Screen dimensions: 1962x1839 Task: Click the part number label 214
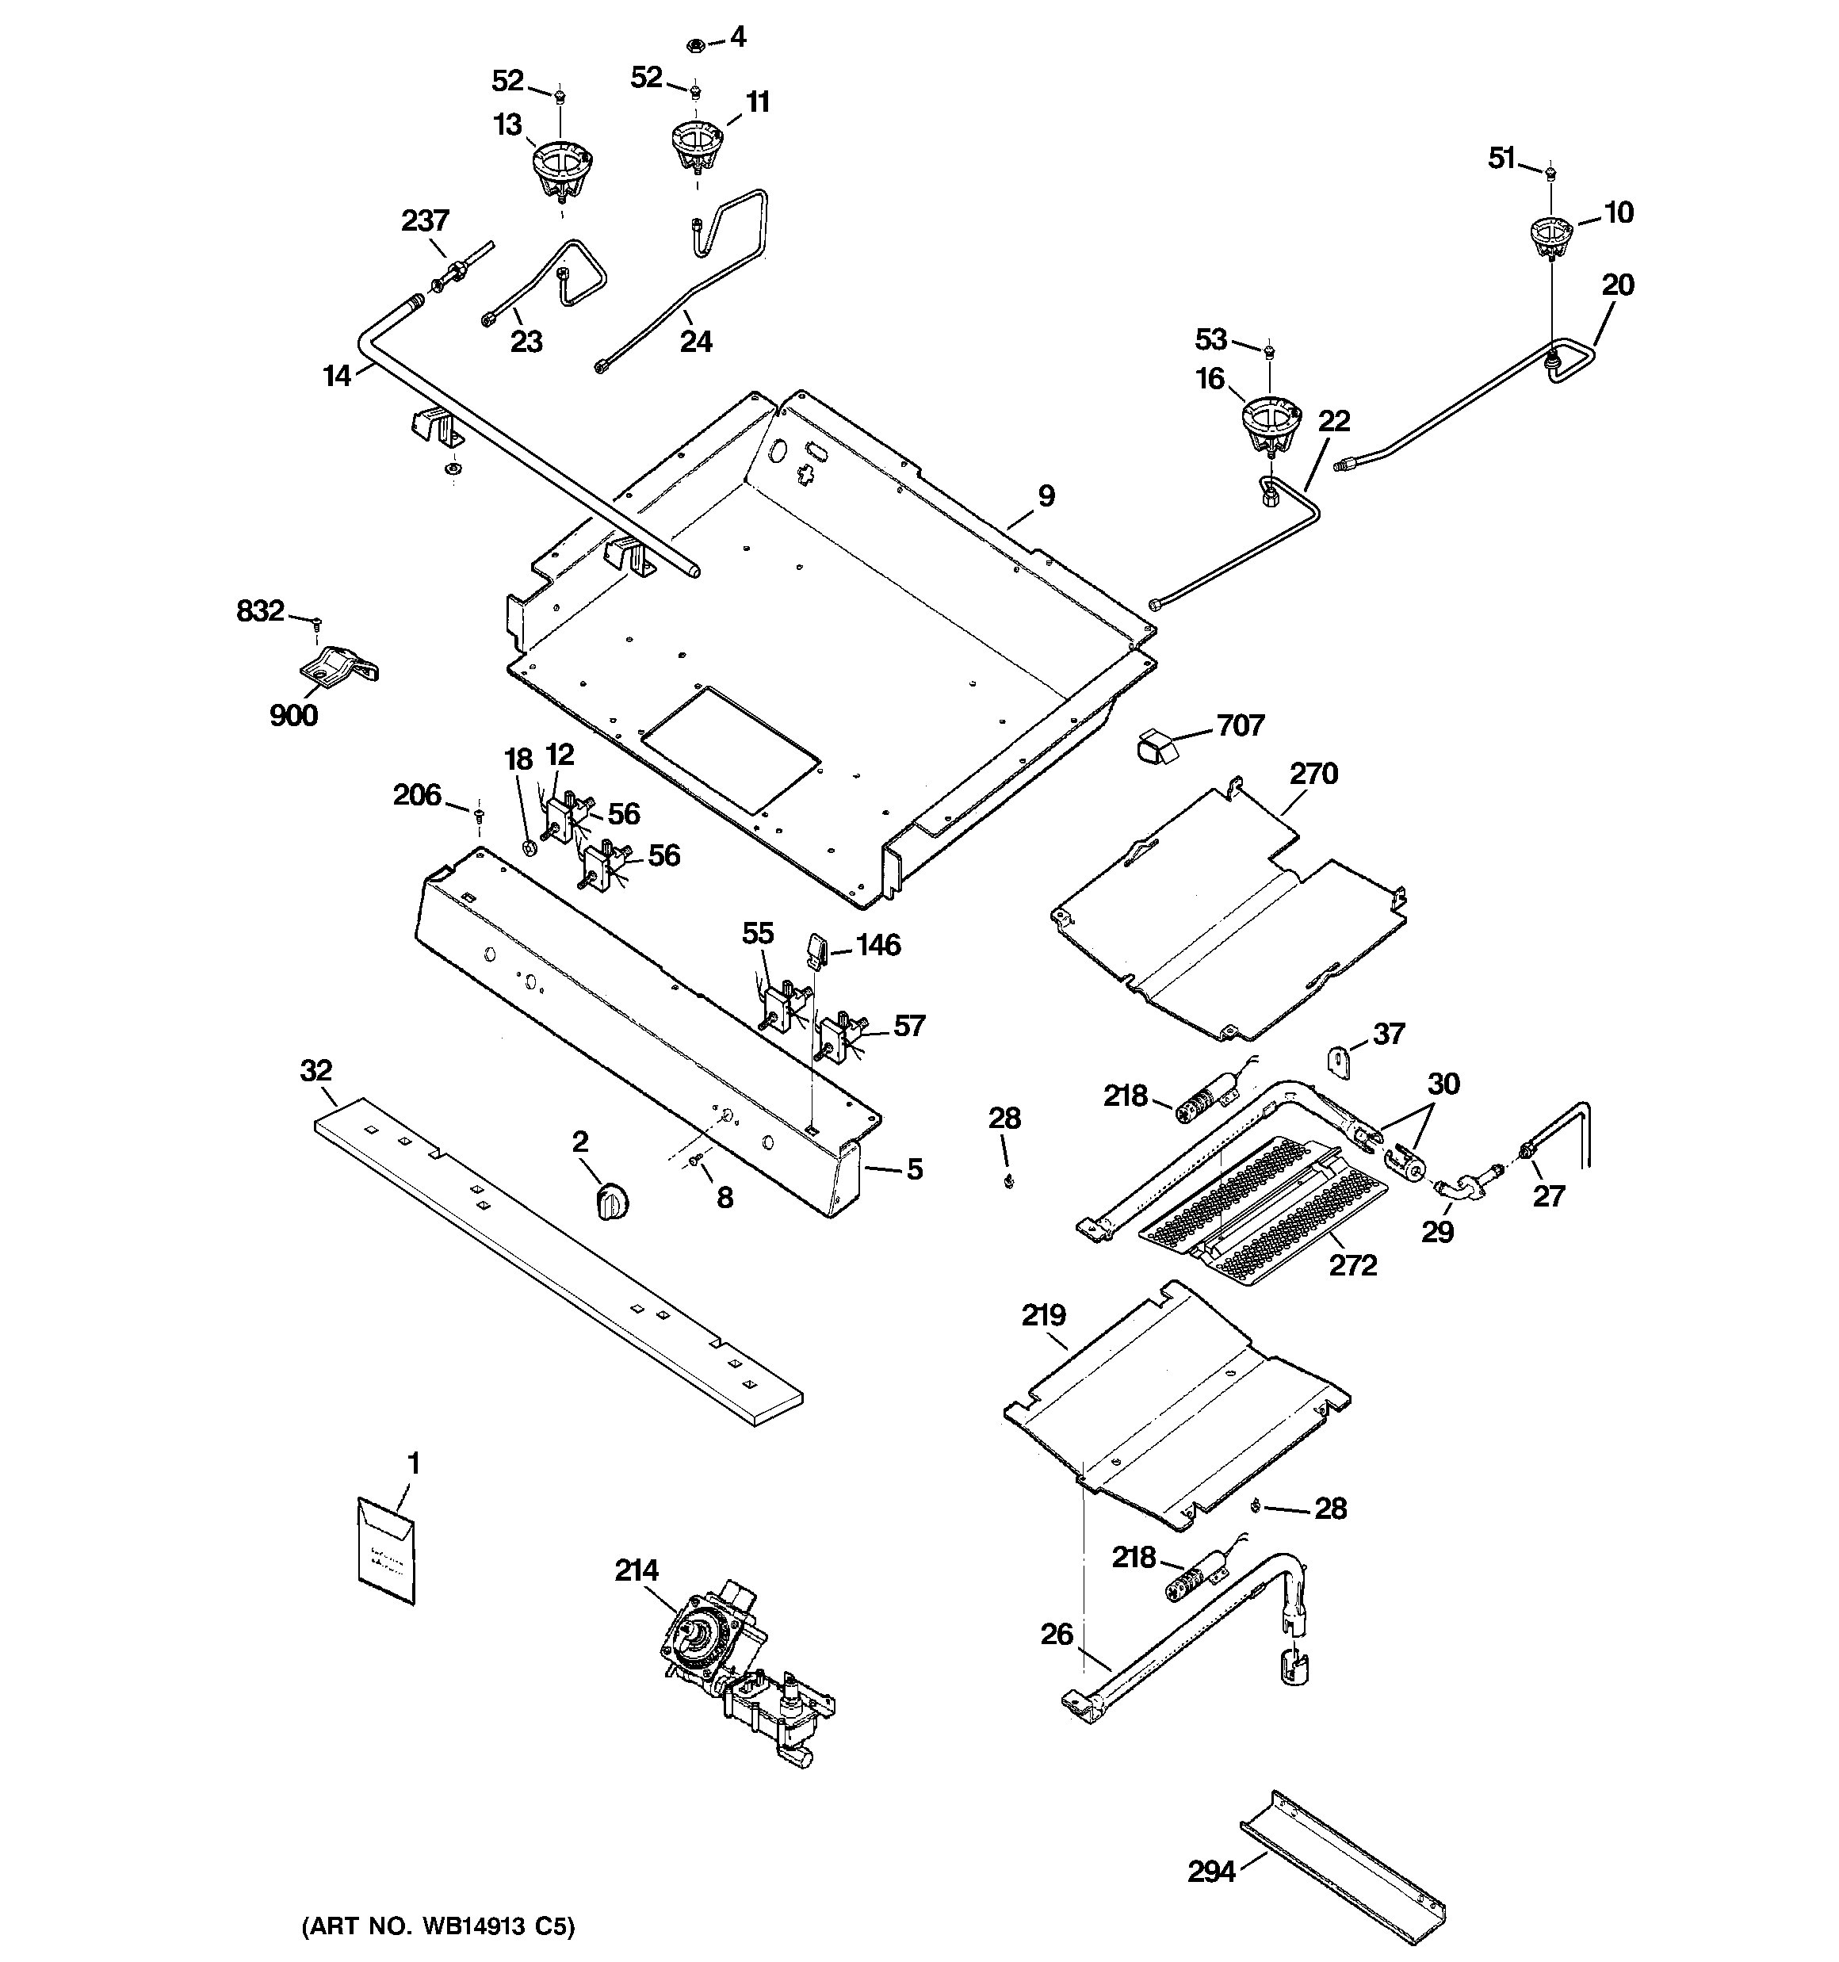pos(637,1570)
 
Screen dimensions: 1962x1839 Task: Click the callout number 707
pos(1240,725)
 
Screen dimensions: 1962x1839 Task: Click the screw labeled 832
pos(317,623)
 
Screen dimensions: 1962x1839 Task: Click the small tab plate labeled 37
pos(1337,1065)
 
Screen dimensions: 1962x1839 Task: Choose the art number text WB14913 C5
pos(438,1926)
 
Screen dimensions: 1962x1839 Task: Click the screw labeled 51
pos(1550,174)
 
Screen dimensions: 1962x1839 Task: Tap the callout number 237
pos(424,220)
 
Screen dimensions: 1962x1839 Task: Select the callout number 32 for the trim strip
pos(315,1071)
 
